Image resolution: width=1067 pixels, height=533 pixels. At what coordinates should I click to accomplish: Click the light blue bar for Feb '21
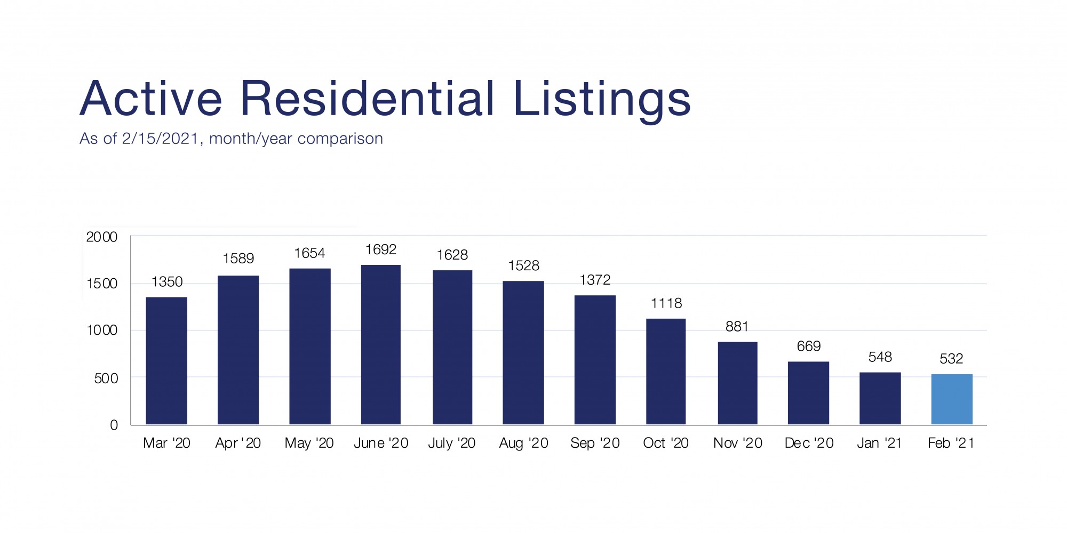pyautogui.click(x=952, y=399)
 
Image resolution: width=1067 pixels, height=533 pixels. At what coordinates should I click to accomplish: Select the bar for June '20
pyautogui.click(x=381, y=345)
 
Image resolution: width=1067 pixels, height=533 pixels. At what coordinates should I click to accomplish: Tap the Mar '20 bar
pyautogui.click(x=166, y=361)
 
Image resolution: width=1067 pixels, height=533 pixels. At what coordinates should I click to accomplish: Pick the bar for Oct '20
pyautogui.click(x=666, y=372)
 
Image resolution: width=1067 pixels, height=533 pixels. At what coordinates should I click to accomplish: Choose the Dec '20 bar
pyautogui.click(x=808, y=393)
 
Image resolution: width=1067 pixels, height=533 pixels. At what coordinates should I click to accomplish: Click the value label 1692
pyautogui.click(x=381, y=249)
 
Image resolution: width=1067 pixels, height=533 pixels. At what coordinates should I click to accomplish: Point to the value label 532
pyautogui.click(x=951, y=359)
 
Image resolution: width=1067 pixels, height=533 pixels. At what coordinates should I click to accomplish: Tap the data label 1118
pyautogui.click(x=666, y=303)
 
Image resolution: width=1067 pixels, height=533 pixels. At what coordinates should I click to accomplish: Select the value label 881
pyautogui.click(x=737, y=326)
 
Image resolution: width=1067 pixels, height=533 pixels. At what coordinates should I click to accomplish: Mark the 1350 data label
pyautogui.click(x=167, y=281)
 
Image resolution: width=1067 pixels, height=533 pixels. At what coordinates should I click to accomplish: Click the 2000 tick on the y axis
pyautogui.click(x=102, y=237)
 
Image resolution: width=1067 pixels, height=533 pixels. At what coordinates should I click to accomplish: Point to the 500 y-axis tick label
pyautogui.click(x=106, y=378)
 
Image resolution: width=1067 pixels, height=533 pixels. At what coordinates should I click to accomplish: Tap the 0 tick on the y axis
pyautogui.click(x=114, y=425)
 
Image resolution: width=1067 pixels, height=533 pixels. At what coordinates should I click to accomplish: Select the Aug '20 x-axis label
pyautogui.click(x=523, y=443)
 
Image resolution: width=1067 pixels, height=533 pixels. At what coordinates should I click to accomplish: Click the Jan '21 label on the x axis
pyautogui.click(x=879, y=443)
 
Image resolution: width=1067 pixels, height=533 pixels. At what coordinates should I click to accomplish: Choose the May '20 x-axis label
pyautogui.click(x=309, y=443)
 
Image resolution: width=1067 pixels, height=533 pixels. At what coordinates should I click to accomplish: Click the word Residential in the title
pyautogui.click(x=368, y=99)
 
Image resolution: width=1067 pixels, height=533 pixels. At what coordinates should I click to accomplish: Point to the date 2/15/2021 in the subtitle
pyautogui.click(x=161, y=139)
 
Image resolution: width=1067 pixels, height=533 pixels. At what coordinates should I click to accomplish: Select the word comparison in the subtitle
pyautogui.click(x=340, y=139)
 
